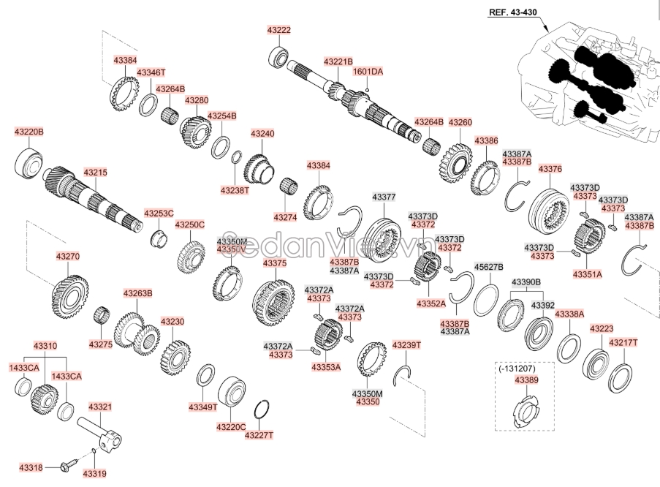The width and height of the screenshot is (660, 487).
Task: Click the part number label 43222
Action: click(279, 30)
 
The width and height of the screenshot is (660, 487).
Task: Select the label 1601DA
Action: click(368, 72)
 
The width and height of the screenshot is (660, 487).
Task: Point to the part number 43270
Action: click(68, 257)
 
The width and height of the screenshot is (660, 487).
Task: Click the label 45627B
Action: click(489, 267)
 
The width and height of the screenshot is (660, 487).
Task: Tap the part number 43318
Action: click(31, 467)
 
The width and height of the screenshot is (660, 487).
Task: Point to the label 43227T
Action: click(259, 436)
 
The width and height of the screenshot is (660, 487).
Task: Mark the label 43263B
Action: click(137, 293)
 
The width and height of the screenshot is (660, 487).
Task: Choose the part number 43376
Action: click(550, 169)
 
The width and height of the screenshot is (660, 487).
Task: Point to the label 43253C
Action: click(159, 214)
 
